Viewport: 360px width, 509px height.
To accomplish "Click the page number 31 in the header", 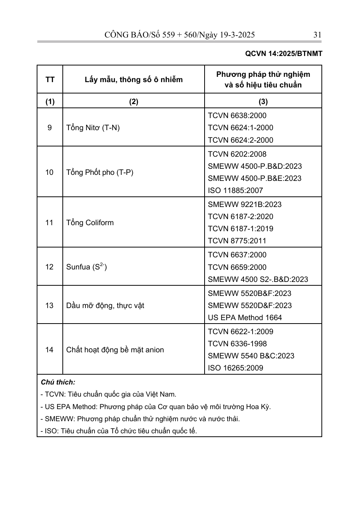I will point(317,35).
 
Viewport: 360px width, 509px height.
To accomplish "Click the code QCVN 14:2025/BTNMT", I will point(284,54).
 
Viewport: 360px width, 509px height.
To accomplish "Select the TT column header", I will point(50,79).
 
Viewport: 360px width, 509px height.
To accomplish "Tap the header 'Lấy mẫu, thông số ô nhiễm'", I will point(133,79).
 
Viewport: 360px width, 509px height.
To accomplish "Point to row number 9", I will point(50,128).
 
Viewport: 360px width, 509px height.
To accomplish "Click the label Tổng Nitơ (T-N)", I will point(93,128).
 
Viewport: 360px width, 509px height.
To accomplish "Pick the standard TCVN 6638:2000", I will point(237,115).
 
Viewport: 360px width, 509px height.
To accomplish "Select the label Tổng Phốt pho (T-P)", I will point(99,172).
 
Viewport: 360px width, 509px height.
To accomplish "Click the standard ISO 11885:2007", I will point(235,190).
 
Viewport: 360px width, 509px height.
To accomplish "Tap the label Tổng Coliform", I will point(90,223).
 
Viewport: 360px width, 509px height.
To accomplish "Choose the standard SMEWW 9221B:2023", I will point(244,204).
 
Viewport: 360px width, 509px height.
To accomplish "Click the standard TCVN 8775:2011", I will point(237,241).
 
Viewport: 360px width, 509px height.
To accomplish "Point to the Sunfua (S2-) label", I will point(86,267).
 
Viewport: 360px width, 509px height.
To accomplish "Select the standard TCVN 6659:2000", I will point(237,267).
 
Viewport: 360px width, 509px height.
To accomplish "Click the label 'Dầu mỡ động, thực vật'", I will point(105,305).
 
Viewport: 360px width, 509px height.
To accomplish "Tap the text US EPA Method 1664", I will point(245,318).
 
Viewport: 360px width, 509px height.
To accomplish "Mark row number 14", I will point(50,350).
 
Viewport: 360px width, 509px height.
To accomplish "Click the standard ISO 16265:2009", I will point(235,368).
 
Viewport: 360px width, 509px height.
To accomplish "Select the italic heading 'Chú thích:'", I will point(58,382).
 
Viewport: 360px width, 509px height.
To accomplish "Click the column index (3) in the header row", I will point(263,101).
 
